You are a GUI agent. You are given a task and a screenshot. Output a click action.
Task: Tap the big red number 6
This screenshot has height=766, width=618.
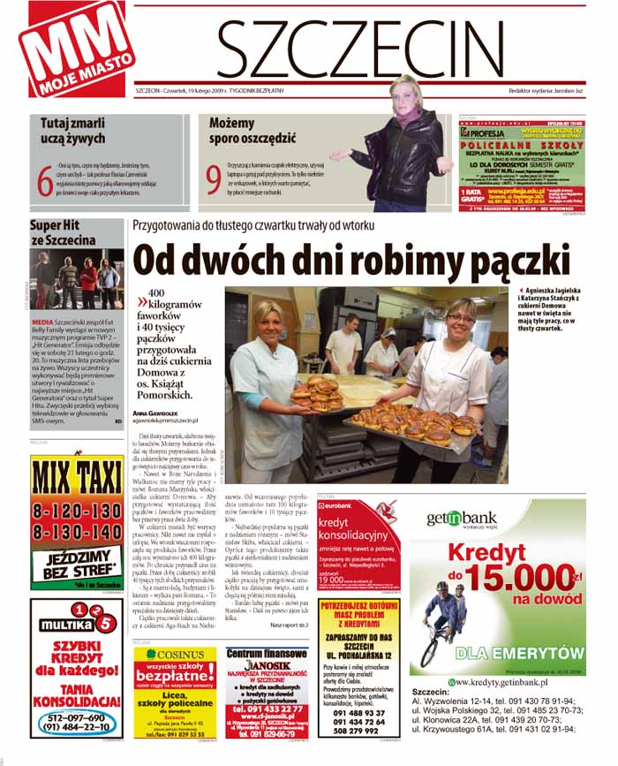[x=45, y=175]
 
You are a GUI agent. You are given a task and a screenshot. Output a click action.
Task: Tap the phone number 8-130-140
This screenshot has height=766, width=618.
[x=76, y=532]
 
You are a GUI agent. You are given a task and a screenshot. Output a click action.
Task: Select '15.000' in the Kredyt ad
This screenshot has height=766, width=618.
[x=522, y=581]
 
